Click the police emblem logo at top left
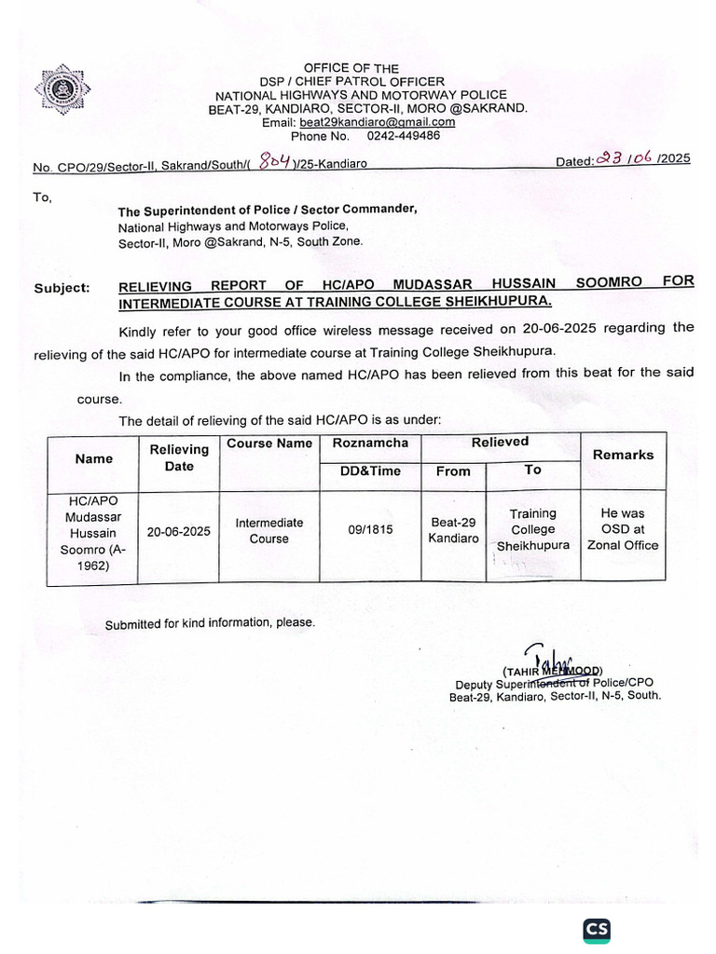point(63,91)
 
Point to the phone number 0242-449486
point(404,135)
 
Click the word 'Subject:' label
point(62,288)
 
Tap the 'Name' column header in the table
point(94,458)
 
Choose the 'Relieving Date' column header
point(178,457)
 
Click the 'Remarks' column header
point(623,455)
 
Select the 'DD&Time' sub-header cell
point(370,471)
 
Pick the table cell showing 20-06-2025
point(178,532)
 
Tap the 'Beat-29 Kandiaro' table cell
point(453,531)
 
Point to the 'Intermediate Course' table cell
point(268,531)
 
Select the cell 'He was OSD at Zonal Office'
point(623,529)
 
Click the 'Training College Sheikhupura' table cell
point(532,529)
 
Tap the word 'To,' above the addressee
point(44,198)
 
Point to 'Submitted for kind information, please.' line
point(210,623)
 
